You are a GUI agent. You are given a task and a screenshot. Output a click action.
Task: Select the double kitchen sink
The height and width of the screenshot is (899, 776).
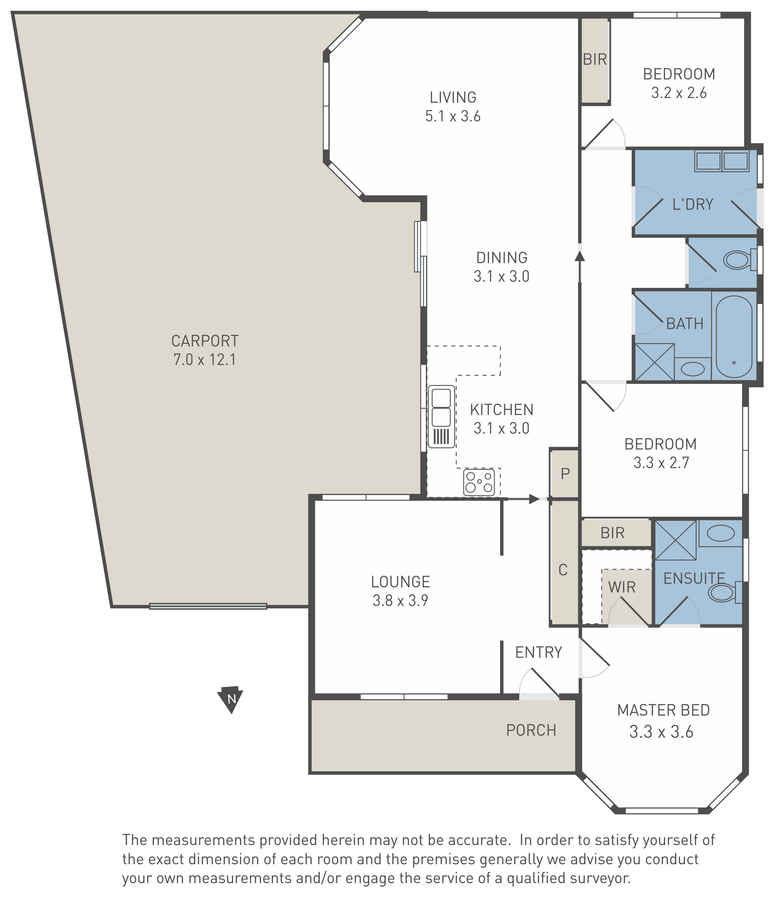[x=441, y=417]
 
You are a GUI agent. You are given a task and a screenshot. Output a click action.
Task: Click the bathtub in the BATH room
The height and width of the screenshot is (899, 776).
[x=734, y=337]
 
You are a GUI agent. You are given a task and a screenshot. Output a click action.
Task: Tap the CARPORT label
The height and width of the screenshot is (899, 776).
[x=205, y=341]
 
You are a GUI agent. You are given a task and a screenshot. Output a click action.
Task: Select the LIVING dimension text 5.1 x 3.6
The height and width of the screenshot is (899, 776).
[x=453, y=116]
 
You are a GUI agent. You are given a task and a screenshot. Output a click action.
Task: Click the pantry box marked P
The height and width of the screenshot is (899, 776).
[x=565, y=473]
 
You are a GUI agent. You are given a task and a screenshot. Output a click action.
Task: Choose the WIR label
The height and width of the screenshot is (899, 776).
[x=622, y=587]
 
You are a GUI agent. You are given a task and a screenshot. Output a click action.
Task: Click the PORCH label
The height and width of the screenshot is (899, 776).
[x=531, y=730]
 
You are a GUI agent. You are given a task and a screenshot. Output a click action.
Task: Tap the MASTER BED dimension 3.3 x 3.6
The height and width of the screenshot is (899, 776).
[x=661, y=732]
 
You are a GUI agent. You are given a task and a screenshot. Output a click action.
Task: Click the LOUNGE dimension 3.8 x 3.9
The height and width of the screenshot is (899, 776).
[x=400, y=601]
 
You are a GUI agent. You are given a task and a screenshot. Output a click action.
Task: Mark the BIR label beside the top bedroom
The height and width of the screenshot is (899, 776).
[x=595, y=59]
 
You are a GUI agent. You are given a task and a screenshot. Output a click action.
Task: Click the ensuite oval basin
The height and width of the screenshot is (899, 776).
[x=721, y=533]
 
